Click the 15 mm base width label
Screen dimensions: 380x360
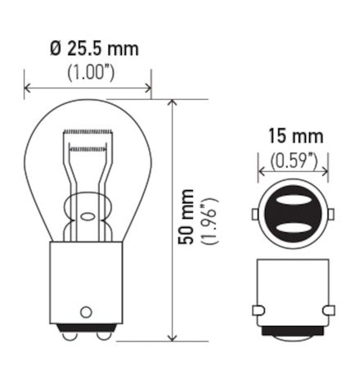294,135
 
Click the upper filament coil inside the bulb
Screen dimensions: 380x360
88,133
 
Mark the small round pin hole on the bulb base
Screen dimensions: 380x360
87,312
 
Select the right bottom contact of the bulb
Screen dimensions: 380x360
101,333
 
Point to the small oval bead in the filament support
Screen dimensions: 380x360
88,218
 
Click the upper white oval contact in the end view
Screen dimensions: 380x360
294,200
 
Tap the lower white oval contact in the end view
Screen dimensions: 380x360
294,225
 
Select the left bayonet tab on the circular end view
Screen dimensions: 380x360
254,214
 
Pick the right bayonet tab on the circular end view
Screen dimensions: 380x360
333,214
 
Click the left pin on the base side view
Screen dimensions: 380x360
259,310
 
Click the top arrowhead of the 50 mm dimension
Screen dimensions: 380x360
172,103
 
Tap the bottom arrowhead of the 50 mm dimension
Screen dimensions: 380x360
172,337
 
